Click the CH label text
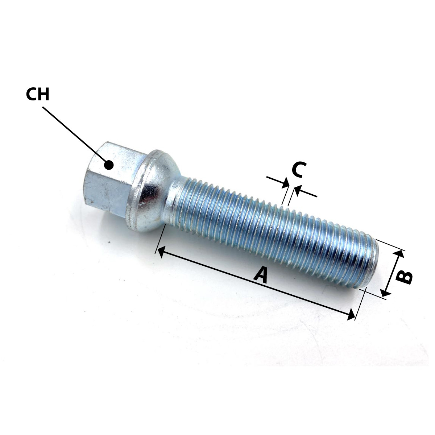click(37, 94)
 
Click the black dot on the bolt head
click(109, 165)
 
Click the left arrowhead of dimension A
click(161, 252)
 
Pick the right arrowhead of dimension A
click(351, 314)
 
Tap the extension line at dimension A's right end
click(360, 303)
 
